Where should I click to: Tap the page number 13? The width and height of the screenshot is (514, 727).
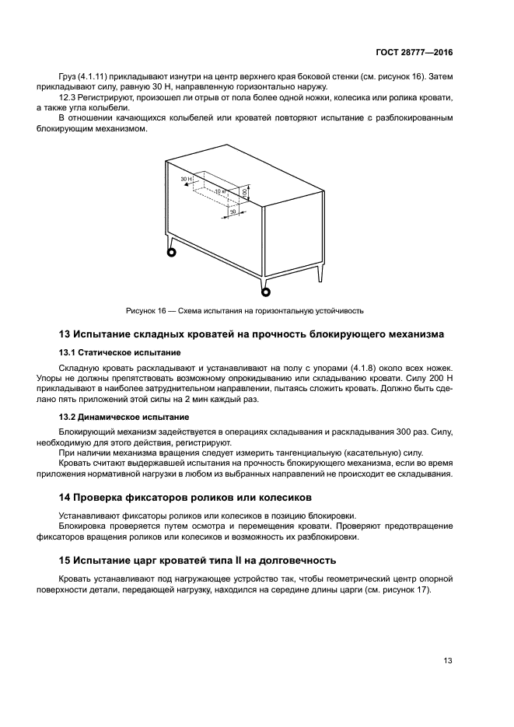(x=448, y=661)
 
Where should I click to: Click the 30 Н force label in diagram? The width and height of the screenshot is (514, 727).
(x=185, y=179)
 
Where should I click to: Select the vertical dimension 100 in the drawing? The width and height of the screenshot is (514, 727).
(x=243, y=191)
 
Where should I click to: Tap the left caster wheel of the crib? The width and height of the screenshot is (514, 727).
(x=170, y=250)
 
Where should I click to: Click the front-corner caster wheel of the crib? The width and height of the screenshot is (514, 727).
(x=266, y=292)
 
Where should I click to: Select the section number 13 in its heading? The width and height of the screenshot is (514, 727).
(x=65, y=334)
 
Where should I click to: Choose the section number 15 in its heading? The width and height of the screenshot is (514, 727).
(x=65, y=559)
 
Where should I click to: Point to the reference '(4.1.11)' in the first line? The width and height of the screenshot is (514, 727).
(x=92, y=77)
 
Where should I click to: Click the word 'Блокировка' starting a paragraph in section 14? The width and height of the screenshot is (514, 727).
(x=82, y=526)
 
